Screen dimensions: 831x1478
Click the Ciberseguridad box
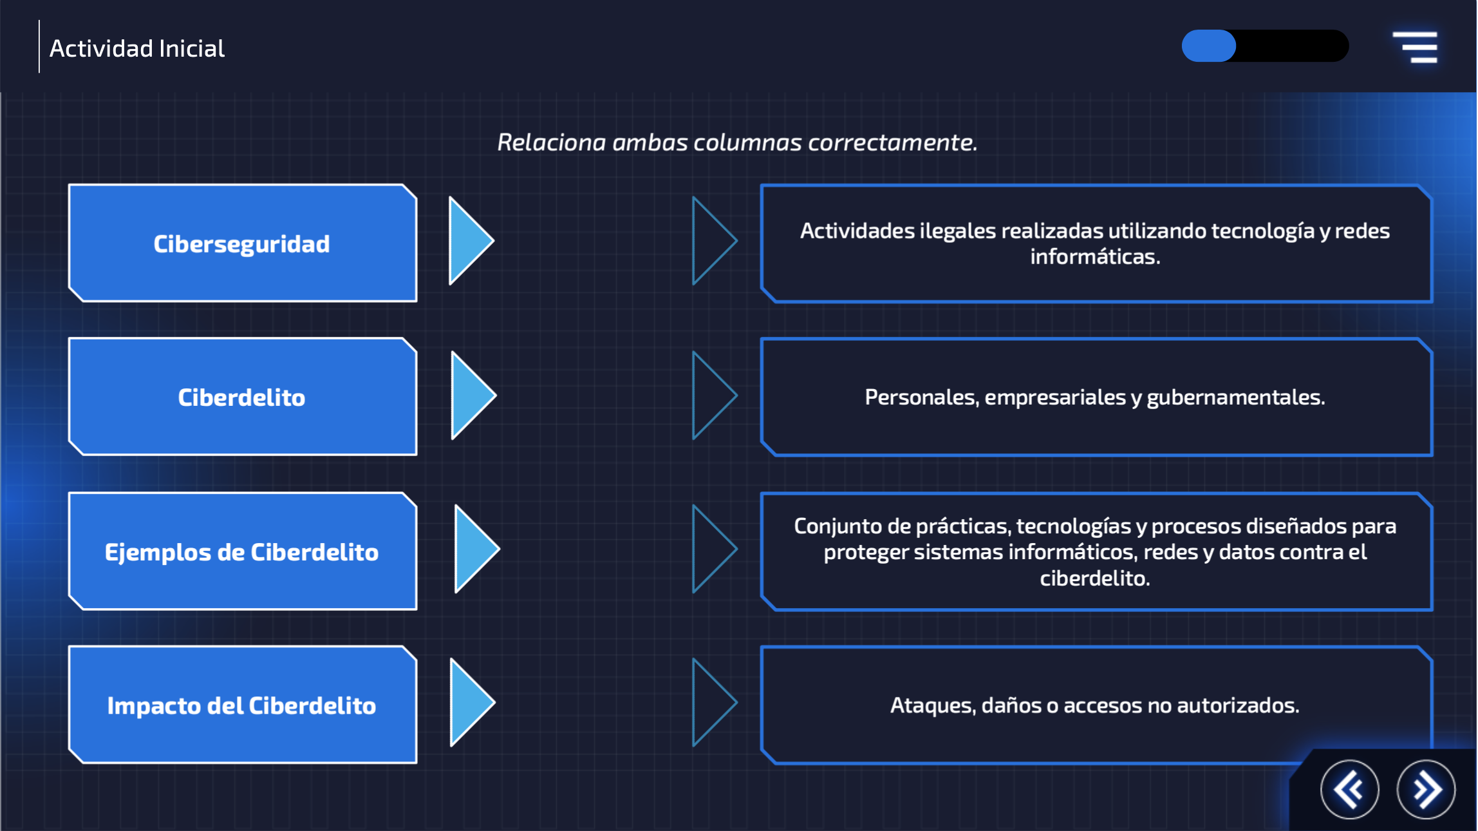pos(242,244)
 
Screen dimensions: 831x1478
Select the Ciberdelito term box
pos(242,397)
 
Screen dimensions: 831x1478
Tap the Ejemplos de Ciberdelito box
pos(242,551)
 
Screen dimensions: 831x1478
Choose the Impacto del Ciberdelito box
pos(242,705)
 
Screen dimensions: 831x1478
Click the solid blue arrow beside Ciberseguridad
pos(468,241)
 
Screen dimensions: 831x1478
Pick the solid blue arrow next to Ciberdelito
pos(471,395)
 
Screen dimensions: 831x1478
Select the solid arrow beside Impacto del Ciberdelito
pos(469,702)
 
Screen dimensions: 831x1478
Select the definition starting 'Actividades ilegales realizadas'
pos(1095,244)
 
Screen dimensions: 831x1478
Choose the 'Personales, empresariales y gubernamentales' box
pos(1095,397)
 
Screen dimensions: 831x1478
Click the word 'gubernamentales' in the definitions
pos(1235,397)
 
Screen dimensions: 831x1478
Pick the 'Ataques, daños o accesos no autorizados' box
pos(1095,705)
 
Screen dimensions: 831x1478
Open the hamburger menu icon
pos(1415,47)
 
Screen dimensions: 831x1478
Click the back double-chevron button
pos(1349,789)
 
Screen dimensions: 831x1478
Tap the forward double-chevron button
pos(1426,789)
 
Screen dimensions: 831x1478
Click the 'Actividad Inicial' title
pos(137,48)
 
